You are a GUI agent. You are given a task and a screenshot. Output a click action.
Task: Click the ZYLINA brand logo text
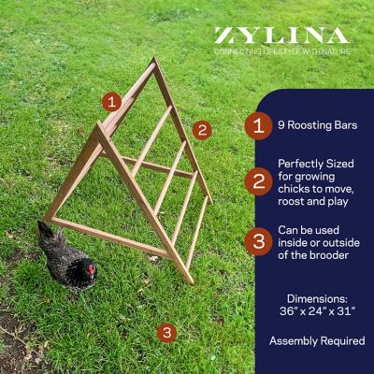click(x=281, y=36)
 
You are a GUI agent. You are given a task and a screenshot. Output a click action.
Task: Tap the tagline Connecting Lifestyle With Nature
click(x=281, y=51)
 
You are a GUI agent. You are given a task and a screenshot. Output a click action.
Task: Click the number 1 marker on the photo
click(x=111, y=102)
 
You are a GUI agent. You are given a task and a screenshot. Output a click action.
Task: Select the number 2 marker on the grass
click(x=202, y=130)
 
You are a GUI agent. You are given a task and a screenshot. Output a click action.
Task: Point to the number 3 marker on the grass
click(x=166, y=333)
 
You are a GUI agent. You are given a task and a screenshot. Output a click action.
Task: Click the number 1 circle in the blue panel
click(x=259, y=126)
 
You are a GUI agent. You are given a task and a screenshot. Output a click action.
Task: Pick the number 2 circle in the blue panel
click(x=259, y=181)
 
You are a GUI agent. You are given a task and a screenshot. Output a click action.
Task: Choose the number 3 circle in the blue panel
click(x=259, y=241)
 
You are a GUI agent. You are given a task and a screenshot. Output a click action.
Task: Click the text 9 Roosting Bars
click(x=318, y=125)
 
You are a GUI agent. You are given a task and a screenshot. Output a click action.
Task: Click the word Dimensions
click(x=317, y=299)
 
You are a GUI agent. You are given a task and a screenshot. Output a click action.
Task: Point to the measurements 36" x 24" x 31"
click(x=318, y=311)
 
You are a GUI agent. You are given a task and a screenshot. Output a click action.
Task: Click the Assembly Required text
click(x=317, y=341)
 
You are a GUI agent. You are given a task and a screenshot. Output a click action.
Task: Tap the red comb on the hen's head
click(x=91, y=268)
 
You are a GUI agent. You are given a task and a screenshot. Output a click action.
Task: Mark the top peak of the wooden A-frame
click(x=154, y=58)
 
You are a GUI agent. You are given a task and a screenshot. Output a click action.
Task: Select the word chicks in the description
click(x=293, y=189)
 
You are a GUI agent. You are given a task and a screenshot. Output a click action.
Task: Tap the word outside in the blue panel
click(x=341, y=243)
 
